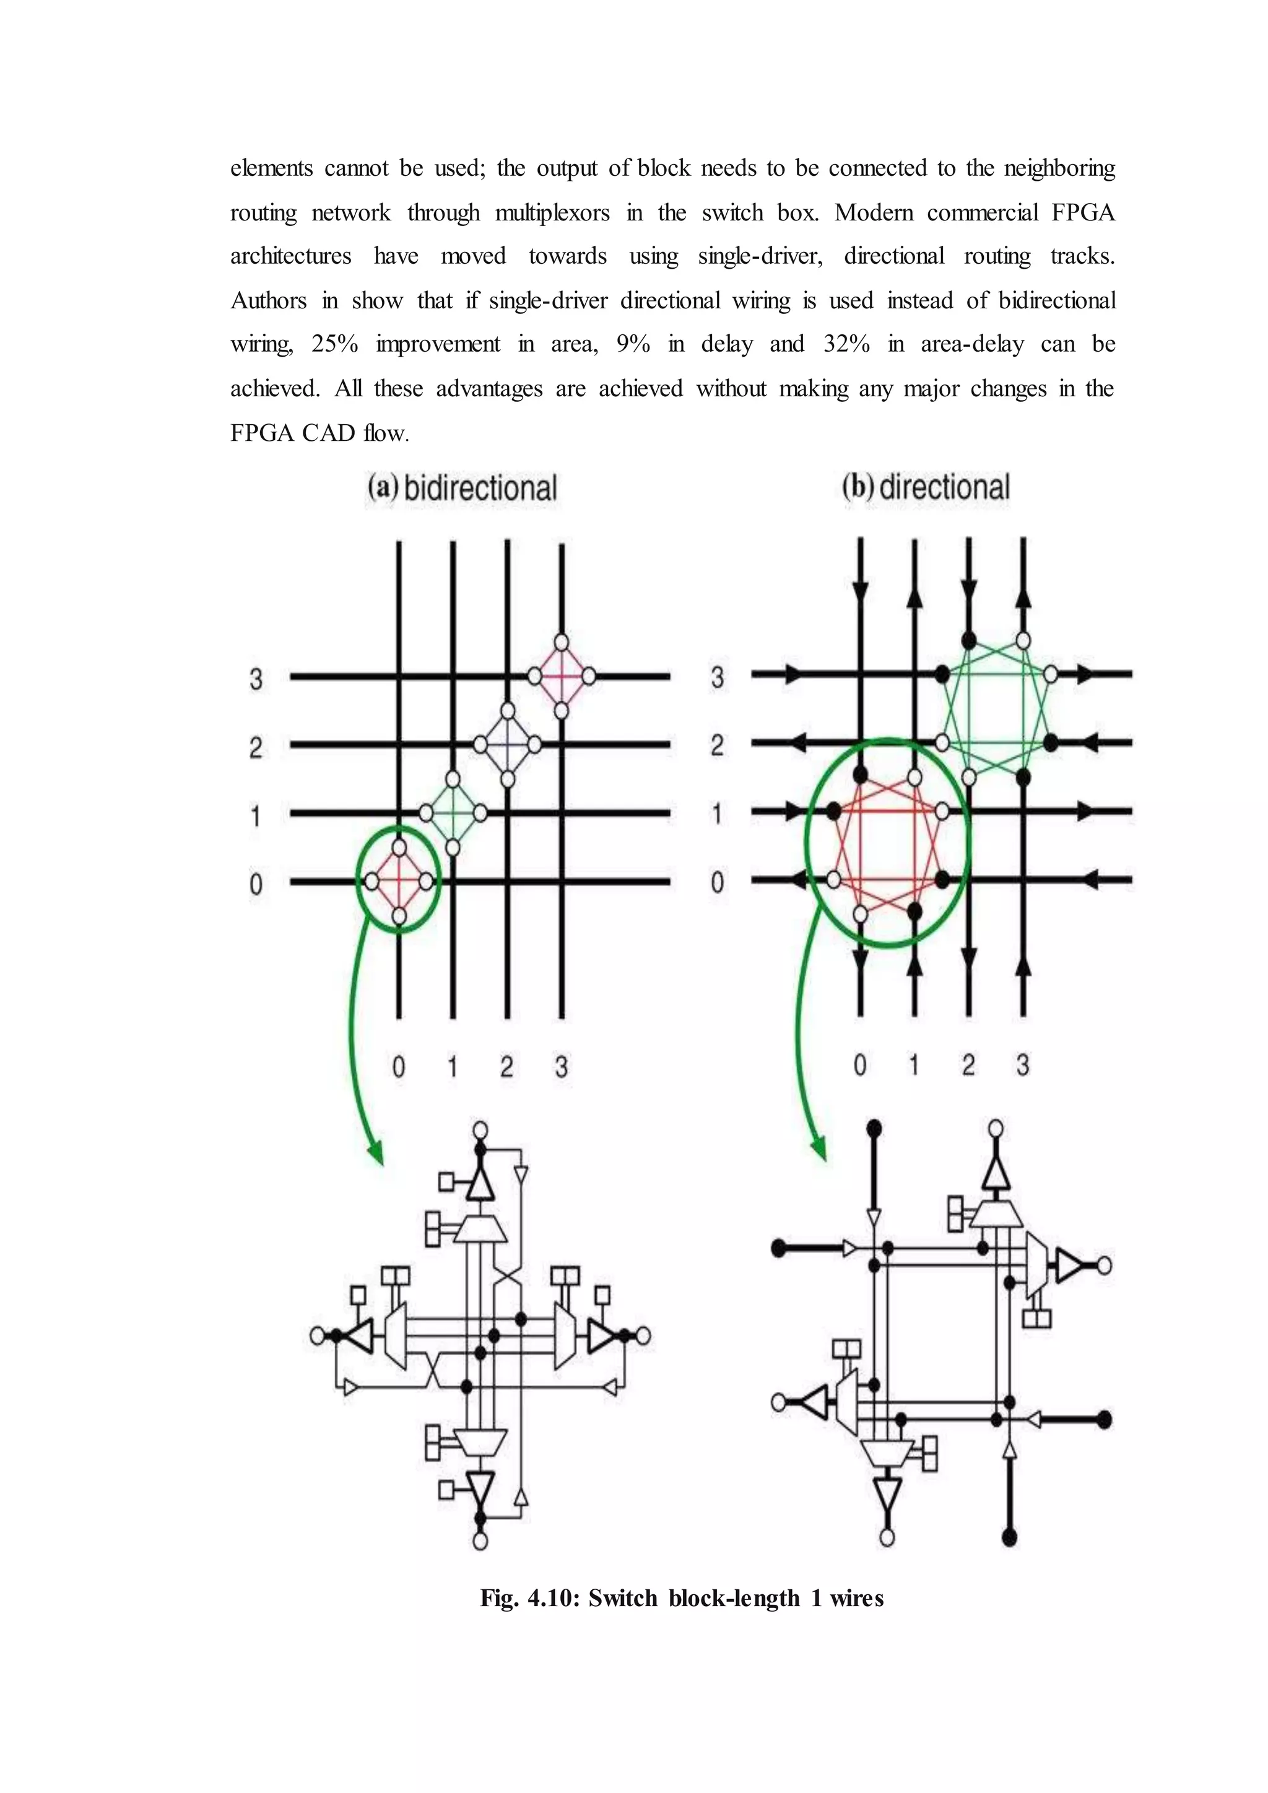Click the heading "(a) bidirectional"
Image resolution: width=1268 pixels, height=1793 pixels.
tap(462, 488)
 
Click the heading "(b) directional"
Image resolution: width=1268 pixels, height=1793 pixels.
tap(926, 487)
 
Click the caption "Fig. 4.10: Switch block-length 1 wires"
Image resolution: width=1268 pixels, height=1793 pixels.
tap(682, 1599)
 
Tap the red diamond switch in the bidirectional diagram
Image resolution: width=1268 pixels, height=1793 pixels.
tap(399, 882)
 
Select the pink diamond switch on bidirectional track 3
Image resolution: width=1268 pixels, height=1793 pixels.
tap(562, 675)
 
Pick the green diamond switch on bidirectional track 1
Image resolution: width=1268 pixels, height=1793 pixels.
tap(453, 813)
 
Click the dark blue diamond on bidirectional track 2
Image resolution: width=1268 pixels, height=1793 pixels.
tap(508, 744)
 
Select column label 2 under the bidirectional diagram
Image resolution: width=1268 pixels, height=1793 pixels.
tap(506, 1067)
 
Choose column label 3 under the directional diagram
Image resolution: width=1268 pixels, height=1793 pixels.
tap(1022, 1065)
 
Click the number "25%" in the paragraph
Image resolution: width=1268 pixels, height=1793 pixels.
tap(334, 344)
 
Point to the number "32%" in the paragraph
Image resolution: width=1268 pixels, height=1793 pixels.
tap(846, 344)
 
